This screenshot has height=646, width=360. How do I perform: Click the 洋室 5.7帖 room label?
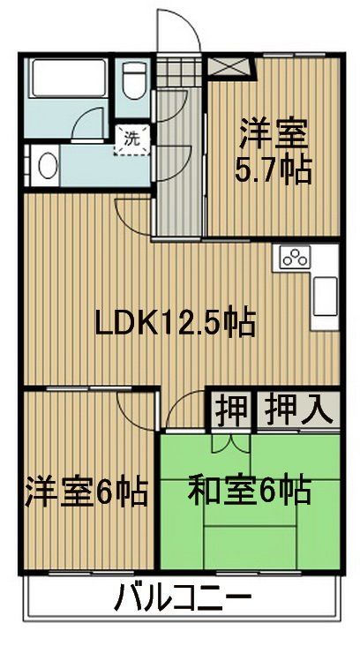point(273,151)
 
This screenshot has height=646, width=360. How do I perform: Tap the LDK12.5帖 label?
point(176,323)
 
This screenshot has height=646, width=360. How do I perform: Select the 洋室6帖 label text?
point(86,490)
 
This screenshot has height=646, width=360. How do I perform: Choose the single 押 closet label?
point(231,408)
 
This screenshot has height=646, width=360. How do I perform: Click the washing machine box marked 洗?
point(131,139)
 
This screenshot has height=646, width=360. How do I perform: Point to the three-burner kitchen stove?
point(294,258)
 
